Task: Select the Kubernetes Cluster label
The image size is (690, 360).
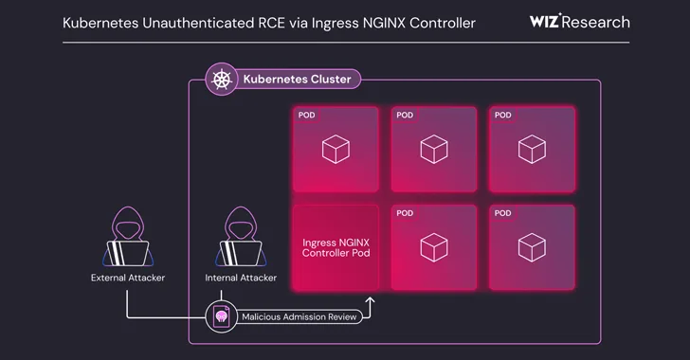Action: coord(297,80)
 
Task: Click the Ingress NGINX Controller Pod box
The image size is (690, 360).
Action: coord(336,247)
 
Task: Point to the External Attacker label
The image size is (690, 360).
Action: coord(127,279)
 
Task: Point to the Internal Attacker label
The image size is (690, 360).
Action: coord(241,279)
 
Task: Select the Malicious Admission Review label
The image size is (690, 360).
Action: coord(300,317)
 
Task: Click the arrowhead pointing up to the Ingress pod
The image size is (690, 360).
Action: coord(370,301)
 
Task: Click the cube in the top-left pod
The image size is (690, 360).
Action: coord(336,149)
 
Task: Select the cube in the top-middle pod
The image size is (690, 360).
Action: coord(433,149)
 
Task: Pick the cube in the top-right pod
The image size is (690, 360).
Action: coord(531,149)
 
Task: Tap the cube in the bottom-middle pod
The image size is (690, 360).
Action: coord(433,247)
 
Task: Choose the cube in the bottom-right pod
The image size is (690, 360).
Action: coord(531,247)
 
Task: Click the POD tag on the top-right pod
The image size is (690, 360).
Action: coord(502,116)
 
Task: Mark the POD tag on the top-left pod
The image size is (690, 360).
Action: coord(307,116)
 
